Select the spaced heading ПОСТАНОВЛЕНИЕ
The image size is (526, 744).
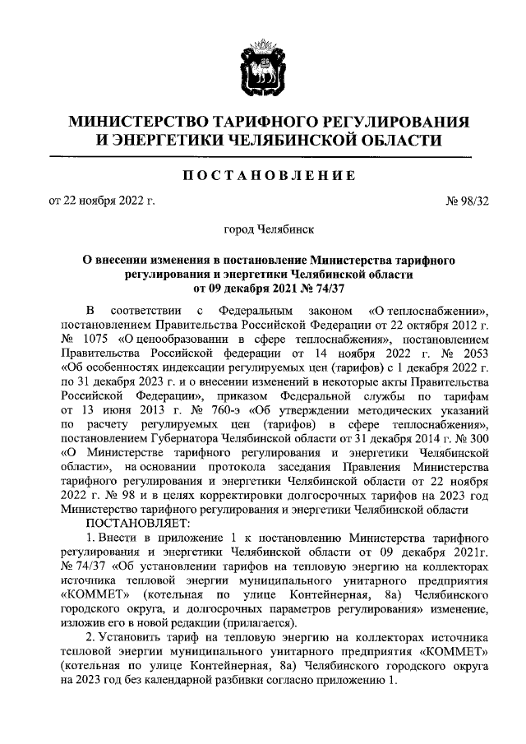[262, 175]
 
